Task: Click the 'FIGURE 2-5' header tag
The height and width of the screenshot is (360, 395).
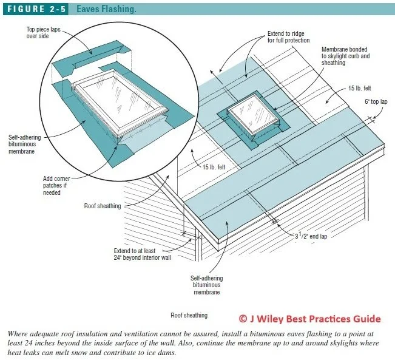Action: click(34, 9)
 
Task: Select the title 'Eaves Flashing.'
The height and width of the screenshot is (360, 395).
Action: click(106, 9)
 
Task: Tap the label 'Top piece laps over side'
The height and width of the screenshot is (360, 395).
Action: click(43, 32)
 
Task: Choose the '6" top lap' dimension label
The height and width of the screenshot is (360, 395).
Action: click(376, 103)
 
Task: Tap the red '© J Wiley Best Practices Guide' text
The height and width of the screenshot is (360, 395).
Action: click(309, 318)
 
